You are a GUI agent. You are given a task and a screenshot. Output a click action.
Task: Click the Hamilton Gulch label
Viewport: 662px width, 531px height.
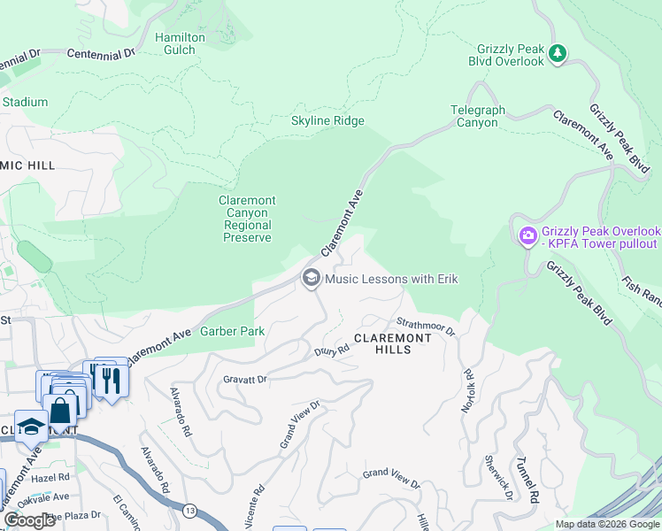coord(180,44)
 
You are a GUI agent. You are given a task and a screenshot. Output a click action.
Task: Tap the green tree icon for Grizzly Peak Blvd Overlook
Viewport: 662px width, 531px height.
coord(558,53)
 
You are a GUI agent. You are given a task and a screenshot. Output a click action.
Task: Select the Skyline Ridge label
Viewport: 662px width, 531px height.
coord(327,121)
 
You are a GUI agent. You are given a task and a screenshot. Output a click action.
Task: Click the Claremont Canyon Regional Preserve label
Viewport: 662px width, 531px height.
coord(247,219)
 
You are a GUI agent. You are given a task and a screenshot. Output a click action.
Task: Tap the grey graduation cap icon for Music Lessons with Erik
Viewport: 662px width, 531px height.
coord(311,279)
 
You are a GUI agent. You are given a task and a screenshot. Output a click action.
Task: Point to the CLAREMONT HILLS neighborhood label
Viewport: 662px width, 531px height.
coord(394,343)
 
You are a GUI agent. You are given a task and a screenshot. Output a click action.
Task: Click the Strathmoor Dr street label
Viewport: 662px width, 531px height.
coord(426,327)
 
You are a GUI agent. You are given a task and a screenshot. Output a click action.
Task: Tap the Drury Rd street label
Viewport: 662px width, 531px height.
coord(333,350)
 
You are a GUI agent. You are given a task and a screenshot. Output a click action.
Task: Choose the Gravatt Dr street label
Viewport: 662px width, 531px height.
coord(243,379)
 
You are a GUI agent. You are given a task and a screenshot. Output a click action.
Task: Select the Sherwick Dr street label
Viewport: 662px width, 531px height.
coord(498,476)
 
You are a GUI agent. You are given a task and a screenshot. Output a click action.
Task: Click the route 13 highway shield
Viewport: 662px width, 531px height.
coord(189,511)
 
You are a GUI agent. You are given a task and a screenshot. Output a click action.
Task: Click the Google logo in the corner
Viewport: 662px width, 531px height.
coord(30,520)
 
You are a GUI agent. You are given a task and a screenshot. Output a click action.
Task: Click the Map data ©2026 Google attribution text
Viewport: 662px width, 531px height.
coord(606,524)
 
